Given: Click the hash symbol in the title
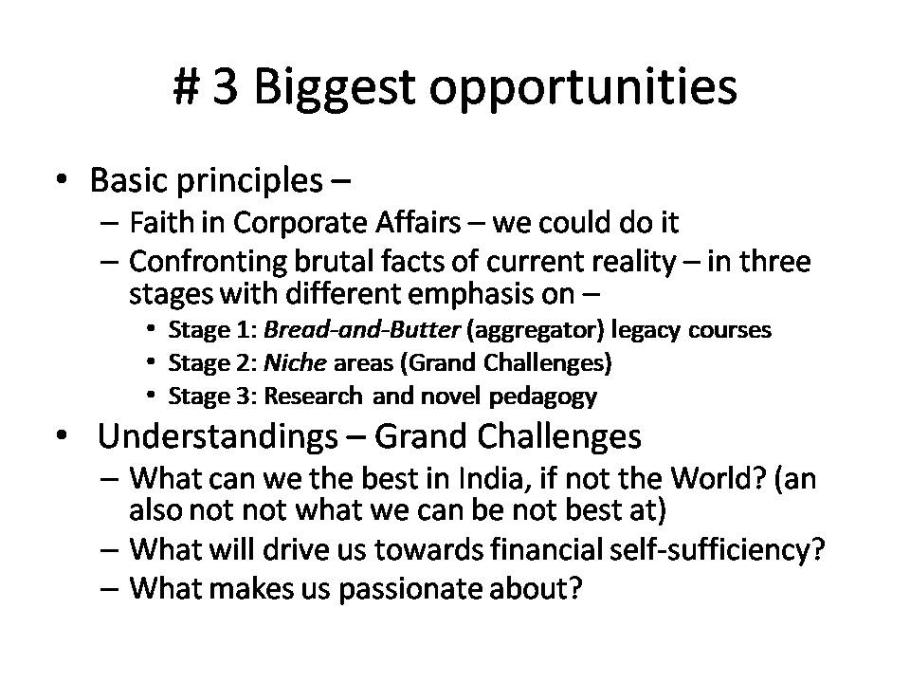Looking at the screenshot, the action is tap(187, 86).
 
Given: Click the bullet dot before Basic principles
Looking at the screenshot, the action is tap(62, 179).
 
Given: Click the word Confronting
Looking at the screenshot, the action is tap(208, 263).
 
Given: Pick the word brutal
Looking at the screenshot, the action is tap(333, 262).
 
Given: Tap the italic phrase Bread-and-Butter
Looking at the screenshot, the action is tap(361, 329).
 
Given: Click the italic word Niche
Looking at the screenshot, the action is tap(295, 363).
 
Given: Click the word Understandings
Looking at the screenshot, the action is tap(218, 436).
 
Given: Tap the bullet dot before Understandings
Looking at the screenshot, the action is tap(62, 435).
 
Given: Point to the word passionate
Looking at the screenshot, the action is tap(410, 589).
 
